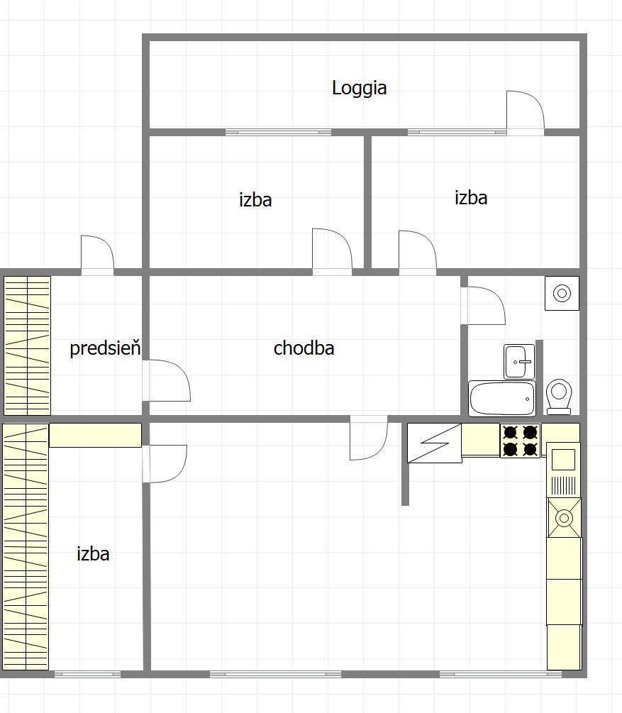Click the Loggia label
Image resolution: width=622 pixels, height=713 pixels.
point(359,88)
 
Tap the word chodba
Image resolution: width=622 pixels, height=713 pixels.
point(304,348)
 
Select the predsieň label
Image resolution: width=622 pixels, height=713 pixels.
point(105,348)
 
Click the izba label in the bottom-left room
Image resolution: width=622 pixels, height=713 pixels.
point(93,554)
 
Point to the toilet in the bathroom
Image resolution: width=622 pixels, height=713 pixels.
point(559,397)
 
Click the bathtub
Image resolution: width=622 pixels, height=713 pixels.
point(502,399)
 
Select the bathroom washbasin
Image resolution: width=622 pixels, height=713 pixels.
point(518,362)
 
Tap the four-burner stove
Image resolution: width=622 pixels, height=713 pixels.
point(521,441)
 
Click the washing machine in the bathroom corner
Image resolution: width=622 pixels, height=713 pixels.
point(562,293)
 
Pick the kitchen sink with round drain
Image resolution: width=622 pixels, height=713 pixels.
point(565,517)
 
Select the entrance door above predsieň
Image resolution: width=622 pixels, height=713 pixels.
point(97,255)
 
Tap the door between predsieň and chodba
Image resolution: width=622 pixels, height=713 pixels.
point(167,380)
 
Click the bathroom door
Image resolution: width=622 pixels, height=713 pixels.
point(483,305)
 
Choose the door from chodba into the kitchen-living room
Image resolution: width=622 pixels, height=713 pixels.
point(369,438)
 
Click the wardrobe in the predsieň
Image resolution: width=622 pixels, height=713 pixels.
point(27,346)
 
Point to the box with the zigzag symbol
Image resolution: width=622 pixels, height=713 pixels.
point(435,443)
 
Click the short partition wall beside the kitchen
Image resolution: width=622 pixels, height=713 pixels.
point(405,464)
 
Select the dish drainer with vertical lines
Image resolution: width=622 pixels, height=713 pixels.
point(564,485)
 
